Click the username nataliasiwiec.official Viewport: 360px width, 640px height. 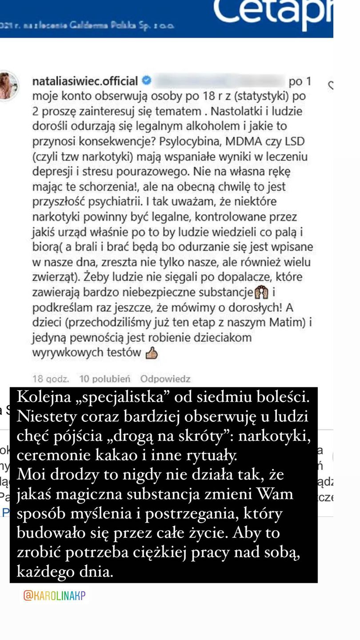click(85, 81)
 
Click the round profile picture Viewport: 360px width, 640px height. click(8, 86)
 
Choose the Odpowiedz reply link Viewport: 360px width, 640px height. click(165, 379)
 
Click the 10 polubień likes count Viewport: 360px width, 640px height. click(105, 379)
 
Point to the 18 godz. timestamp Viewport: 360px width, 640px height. click(51, 379)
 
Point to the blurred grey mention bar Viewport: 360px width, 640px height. click(221, 81)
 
